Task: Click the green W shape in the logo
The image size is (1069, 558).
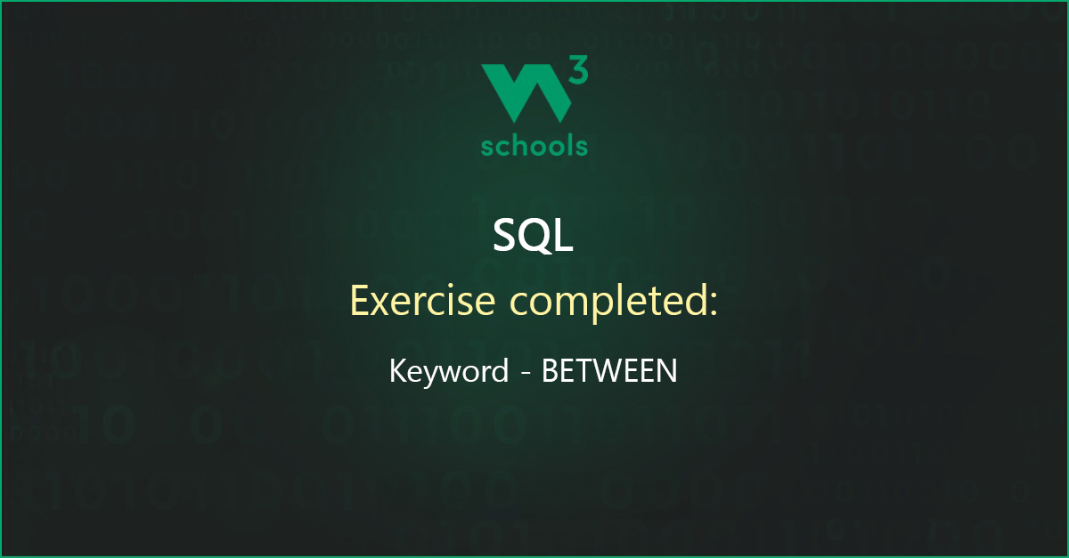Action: pyautogui.click(x=526, y=93)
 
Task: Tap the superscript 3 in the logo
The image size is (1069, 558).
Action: pyautogui.click(x=579, y=69)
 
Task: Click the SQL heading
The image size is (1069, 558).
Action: pyautogui.click(x=533, y=235)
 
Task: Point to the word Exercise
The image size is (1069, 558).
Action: pyautogui.click(x=422, y=301)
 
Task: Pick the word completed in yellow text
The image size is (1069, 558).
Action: pyautogui.click(x=608, y=302)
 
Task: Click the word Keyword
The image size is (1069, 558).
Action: pyautogui.click(x=449, y=371)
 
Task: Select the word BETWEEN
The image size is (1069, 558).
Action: pyautogui.click(x=609, y=370)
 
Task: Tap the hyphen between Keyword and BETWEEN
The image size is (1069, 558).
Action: pyautogui.click(x=526, y=374)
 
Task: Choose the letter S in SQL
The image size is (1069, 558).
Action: pyautogui.click(x=505, y=235)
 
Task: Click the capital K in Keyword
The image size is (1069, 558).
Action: pyautogui.click(x=399, y=370)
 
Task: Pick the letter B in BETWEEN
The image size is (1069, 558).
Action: pyautogui.click(x=550, y=370)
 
